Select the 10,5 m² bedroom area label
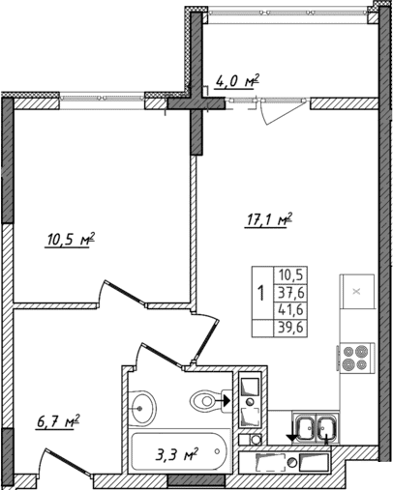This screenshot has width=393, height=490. click(x=70, y=239)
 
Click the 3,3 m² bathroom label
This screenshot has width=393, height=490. click(x=177, y=450)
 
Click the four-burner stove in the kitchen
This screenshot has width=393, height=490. click(x=354, y=359)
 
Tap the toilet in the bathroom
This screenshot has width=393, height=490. click(x=205, y=398)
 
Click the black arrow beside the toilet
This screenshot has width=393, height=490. click(x=227, y=397)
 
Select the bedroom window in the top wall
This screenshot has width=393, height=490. click(x=103, y=97)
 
